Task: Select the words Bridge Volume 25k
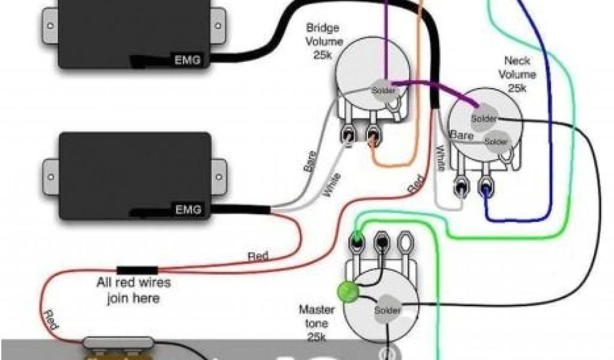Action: coord(324,41)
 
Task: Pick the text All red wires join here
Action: coord(134,289)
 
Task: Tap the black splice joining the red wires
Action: coord(137,270)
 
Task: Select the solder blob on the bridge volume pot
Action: coord(384,90)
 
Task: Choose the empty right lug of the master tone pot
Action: coord(406,244)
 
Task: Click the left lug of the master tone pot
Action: coord(357,242)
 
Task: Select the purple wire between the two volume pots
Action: coord(432,88)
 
